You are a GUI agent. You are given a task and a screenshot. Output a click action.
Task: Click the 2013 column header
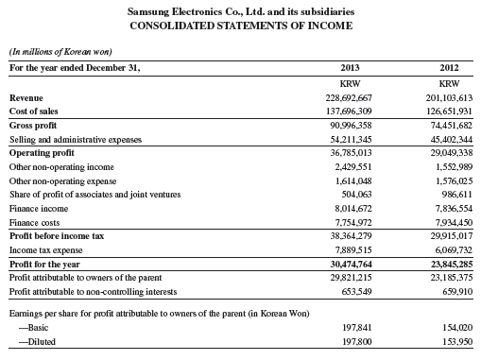348,66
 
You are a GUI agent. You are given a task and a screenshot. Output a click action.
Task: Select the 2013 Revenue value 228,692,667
346,98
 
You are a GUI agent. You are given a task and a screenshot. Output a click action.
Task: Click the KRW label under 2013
348,83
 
